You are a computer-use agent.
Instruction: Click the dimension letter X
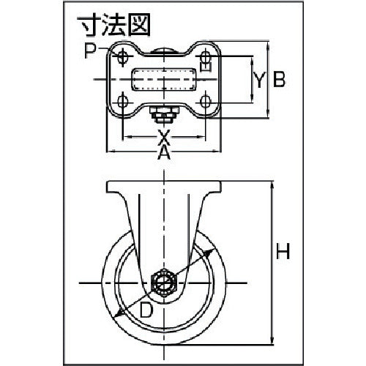(164, 136)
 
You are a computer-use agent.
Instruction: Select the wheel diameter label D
(146, 310)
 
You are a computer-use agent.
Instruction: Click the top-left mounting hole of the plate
(123, 58)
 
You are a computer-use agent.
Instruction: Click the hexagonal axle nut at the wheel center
(165, 282)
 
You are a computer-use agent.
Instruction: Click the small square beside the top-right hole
(206, 68)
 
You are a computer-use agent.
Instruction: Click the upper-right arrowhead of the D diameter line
(215, 249)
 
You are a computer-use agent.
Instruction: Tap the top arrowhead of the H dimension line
(272, 184)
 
